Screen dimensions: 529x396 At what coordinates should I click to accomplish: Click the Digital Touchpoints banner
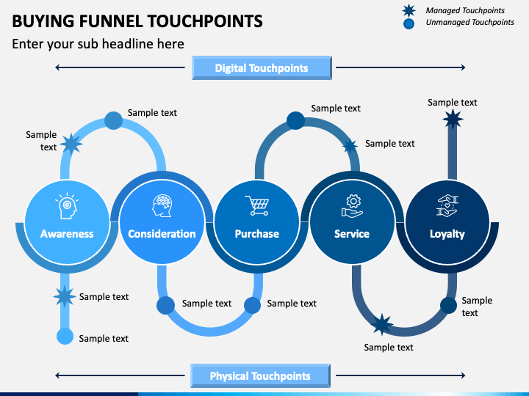point(262,67)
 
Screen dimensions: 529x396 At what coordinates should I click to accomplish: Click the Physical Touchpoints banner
point(260,375)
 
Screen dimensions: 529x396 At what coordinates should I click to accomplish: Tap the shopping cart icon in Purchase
point(257,205)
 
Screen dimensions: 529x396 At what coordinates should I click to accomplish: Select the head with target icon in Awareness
point(67,206)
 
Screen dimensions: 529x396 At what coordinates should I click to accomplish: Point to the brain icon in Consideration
point(162,205)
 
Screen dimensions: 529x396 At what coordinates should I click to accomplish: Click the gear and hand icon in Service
point(352,206)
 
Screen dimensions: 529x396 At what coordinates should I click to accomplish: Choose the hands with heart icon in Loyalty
point(447,205)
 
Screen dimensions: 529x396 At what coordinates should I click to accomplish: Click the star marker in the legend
point(409,10)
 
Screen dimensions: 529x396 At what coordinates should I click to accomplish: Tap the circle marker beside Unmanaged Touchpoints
point(409,24)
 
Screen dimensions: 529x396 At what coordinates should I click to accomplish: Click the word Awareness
point(67,234)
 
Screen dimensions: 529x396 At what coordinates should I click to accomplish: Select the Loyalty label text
point(447,234)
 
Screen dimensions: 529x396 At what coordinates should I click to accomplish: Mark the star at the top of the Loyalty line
point(453,119)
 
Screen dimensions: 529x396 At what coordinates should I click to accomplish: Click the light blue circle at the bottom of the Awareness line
point(65,336)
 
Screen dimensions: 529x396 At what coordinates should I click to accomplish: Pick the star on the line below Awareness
point(64,297)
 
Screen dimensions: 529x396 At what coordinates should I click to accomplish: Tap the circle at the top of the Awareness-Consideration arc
point(113,120)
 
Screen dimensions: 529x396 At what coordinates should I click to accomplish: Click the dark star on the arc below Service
point(382,324)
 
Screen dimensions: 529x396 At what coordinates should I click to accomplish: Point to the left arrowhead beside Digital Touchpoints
point(57,67)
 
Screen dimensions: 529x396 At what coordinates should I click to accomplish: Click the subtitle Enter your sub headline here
point(98,44)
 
